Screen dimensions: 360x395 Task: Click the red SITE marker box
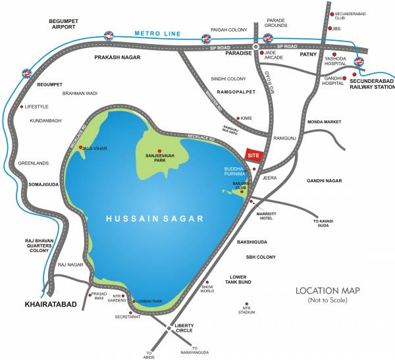253,154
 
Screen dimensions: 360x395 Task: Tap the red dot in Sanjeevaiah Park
159,151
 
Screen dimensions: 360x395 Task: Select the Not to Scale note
330,300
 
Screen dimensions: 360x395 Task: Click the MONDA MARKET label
326,122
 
